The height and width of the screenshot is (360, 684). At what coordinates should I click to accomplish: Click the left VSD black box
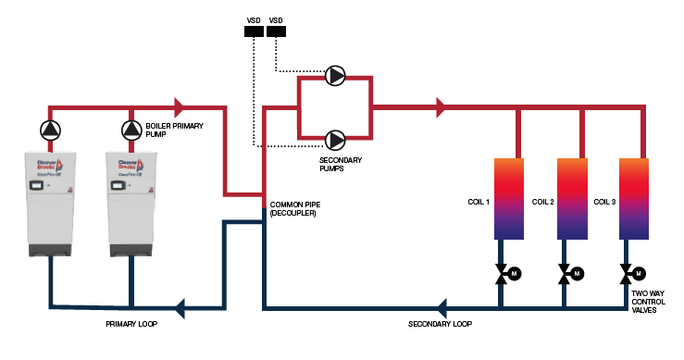click(253, 31)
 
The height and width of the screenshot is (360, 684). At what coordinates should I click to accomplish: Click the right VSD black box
click(276, 31)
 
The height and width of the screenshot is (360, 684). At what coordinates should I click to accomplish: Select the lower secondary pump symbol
click(335, 139)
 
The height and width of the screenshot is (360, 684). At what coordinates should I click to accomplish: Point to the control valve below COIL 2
click(565, 274)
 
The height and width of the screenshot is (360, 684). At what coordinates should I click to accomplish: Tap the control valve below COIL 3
click(628, 274)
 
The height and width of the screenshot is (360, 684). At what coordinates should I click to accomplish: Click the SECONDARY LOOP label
click(441, 324)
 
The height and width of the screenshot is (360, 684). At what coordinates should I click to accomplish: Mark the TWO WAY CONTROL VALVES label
click(649, 302)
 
